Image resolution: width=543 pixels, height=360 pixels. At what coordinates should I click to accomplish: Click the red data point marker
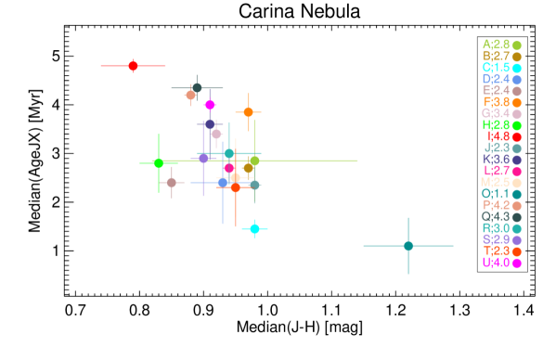coord(133,66)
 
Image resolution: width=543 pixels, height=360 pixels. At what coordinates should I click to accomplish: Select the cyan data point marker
coord(254,228)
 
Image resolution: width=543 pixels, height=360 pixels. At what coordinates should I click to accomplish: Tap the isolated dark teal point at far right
coord(408,246)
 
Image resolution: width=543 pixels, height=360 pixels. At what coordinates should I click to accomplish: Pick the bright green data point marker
coord(159,163)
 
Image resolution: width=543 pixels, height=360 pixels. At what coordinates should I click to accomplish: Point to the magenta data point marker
coord(210,105)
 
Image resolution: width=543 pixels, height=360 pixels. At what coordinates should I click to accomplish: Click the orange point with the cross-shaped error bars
coord(248,112)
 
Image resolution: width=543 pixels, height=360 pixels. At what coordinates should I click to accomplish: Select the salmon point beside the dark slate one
coord(190,95)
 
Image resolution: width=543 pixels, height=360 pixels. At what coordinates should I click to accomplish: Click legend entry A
coord(501,45)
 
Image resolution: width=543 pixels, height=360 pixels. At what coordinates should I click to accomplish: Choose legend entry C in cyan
coord(501,68)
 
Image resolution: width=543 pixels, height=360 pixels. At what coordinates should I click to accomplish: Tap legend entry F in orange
coord(501,102)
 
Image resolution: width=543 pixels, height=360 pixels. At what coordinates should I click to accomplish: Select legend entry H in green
coord(501,125)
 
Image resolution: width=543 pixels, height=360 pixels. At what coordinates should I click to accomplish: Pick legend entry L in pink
coord(502,171)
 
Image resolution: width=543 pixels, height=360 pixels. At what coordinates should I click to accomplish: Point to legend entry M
coord(501,182)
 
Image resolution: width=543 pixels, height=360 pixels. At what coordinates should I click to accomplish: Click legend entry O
coord(501,194)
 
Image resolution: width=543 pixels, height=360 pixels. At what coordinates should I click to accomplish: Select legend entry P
coord(501,205)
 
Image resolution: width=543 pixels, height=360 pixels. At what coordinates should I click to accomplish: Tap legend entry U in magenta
coord(501,263)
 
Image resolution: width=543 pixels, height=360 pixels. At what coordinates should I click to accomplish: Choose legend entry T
coord(501,251)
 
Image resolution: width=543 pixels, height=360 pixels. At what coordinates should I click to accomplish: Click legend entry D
coord(501,79)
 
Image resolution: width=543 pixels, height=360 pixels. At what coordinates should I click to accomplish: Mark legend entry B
coord(501,57)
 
